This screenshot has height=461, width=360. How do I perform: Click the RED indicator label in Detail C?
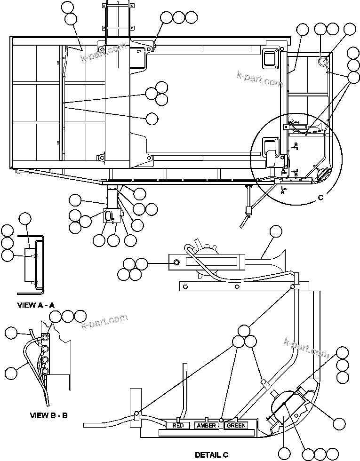point(178,426)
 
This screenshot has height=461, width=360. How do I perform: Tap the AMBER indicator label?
point(207,426)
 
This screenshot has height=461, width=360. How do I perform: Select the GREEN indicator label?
point(236,426)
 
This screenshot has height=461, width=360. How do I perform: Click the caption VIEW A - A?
point(36,305)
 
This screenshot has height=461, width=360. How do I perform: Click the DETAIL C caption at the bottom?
point(212,454)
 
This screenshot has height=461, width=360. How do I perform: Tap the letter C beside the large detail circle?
point(321,198)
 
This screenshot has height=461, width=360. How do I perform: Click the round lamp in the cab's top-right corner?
point(324,61)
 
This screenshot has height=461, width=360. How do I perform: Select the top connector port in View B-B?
point(45,337)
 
